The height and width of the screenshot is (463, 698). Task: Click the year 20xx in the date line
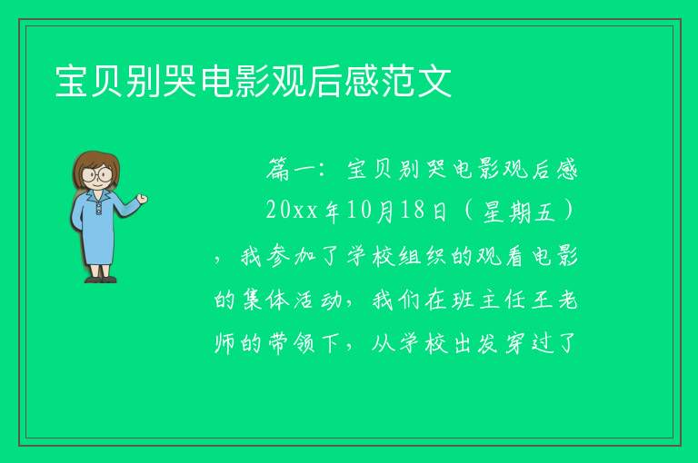(292, 211)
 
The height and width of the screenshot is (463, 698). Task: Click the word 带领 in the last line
(292, 343)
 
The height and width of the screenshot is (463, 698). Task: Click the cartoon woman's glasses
(96, 174)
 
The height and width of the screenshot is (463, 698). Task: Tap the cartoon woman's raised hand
(143, 199)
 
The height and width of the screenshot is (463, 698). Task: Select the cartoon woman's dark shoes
(101, 280)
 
